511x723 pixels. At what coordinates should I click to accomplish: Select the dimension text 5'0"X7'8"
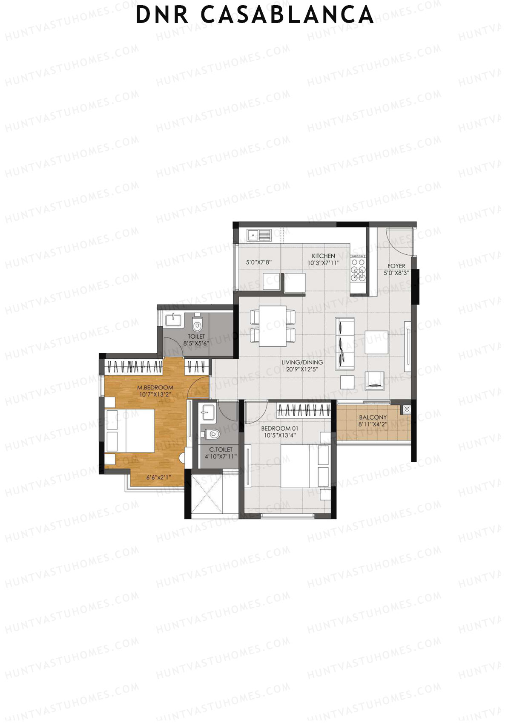tap(258, 262)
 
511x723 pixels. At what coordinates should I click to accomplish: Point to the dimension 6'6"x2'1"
tap(159, 478)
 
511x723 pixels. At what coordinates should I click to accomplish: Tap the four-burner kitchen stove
tap(358, 268)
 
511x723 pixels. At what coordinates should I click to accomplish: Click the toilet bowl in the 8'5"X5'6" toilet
tap(197, 325)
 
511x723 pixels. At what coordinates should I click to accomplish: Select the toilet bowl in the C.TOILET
tap(212, 434)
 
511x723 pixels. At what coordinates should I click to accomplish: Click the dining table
tap(273, 326)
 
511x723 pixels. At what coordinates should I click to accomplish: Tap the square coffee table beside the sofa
tap(376, 342)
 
